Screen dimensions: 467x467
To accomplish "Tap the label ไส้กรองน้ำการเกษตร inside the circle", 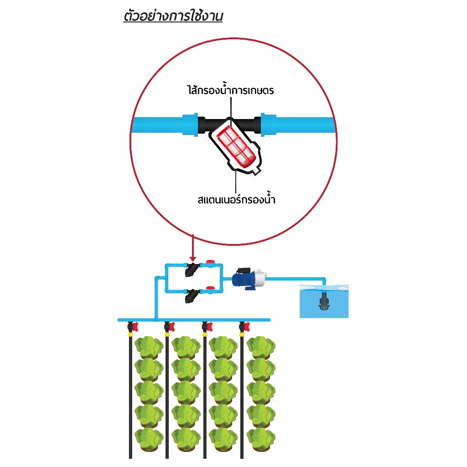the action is click(230, 90).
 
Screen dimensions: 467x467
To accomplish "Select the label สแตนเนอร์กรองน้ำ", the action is click(237, 199).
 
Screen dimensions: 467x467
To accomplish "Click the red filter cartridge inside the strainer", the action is click(236, 146).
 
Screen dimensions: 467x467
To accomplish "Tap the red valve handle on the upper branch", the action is click(210, 261).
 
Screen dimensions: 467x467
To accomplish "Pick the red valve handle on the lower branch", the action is click(210, 288).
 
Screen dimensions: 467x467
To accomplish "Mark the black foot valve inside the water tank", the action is click(323, 301).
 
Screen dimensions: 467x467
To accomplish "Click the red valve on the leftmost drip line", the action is click(135, 327).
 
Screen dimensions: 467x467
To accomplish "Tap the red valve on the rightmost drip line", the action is click(247, 327).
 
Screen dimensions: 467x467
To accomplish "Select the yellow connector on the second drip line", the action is click(167, 334).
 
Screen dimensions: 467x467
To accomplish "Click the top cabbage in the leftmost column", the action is click(149, 347).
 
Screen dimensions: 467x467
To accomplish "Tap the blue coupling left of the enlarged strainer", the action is click(190, 125).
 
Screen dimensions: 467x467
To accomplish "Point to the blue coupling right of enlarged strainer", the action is click(268, 125).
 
